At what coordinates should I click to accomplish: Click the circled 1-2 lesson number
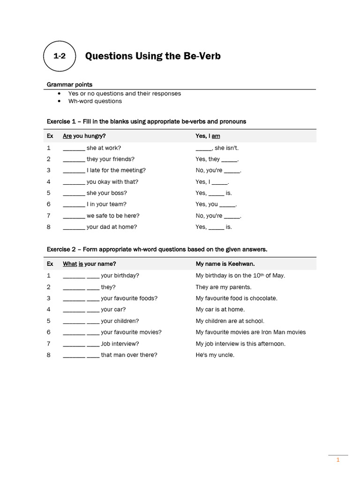pyautogui.click(x=59, y=56)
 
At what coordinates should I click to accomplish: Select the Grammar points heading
pyautogui.click(x=69, y=84)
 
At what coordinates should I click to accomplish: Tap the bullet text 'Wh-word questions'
pyautogui.click(x=95, y=101)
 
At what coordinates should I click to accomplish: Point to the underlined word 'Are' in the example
pyautogui.click(x=67, y=136)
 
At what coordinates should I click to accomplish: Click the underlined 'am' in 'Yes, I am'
pyautogui.click(x=216, y=136)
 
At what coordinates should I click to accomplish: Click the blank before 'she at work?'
pyautogui.click(x=74, y=148)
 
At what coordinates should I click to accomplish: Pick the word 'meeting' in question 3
pyautogui.click(x=132, y=171)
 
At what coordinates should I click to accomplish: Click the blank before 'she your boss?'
pyautogui.click(x=74, y=193)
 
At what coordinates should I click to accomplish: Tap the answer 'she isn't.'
pyautogui.click(x=226, y=148)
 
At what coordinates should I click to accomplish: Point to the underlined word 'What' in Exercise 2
pyautogui.click(x=70, y=264)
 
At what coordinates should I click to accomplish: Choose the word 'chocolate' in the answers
pyautogui.click(x=264, y=298)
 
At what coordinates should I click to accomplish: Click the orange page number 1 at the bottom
pyautogui.click(x=337, y=460)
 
